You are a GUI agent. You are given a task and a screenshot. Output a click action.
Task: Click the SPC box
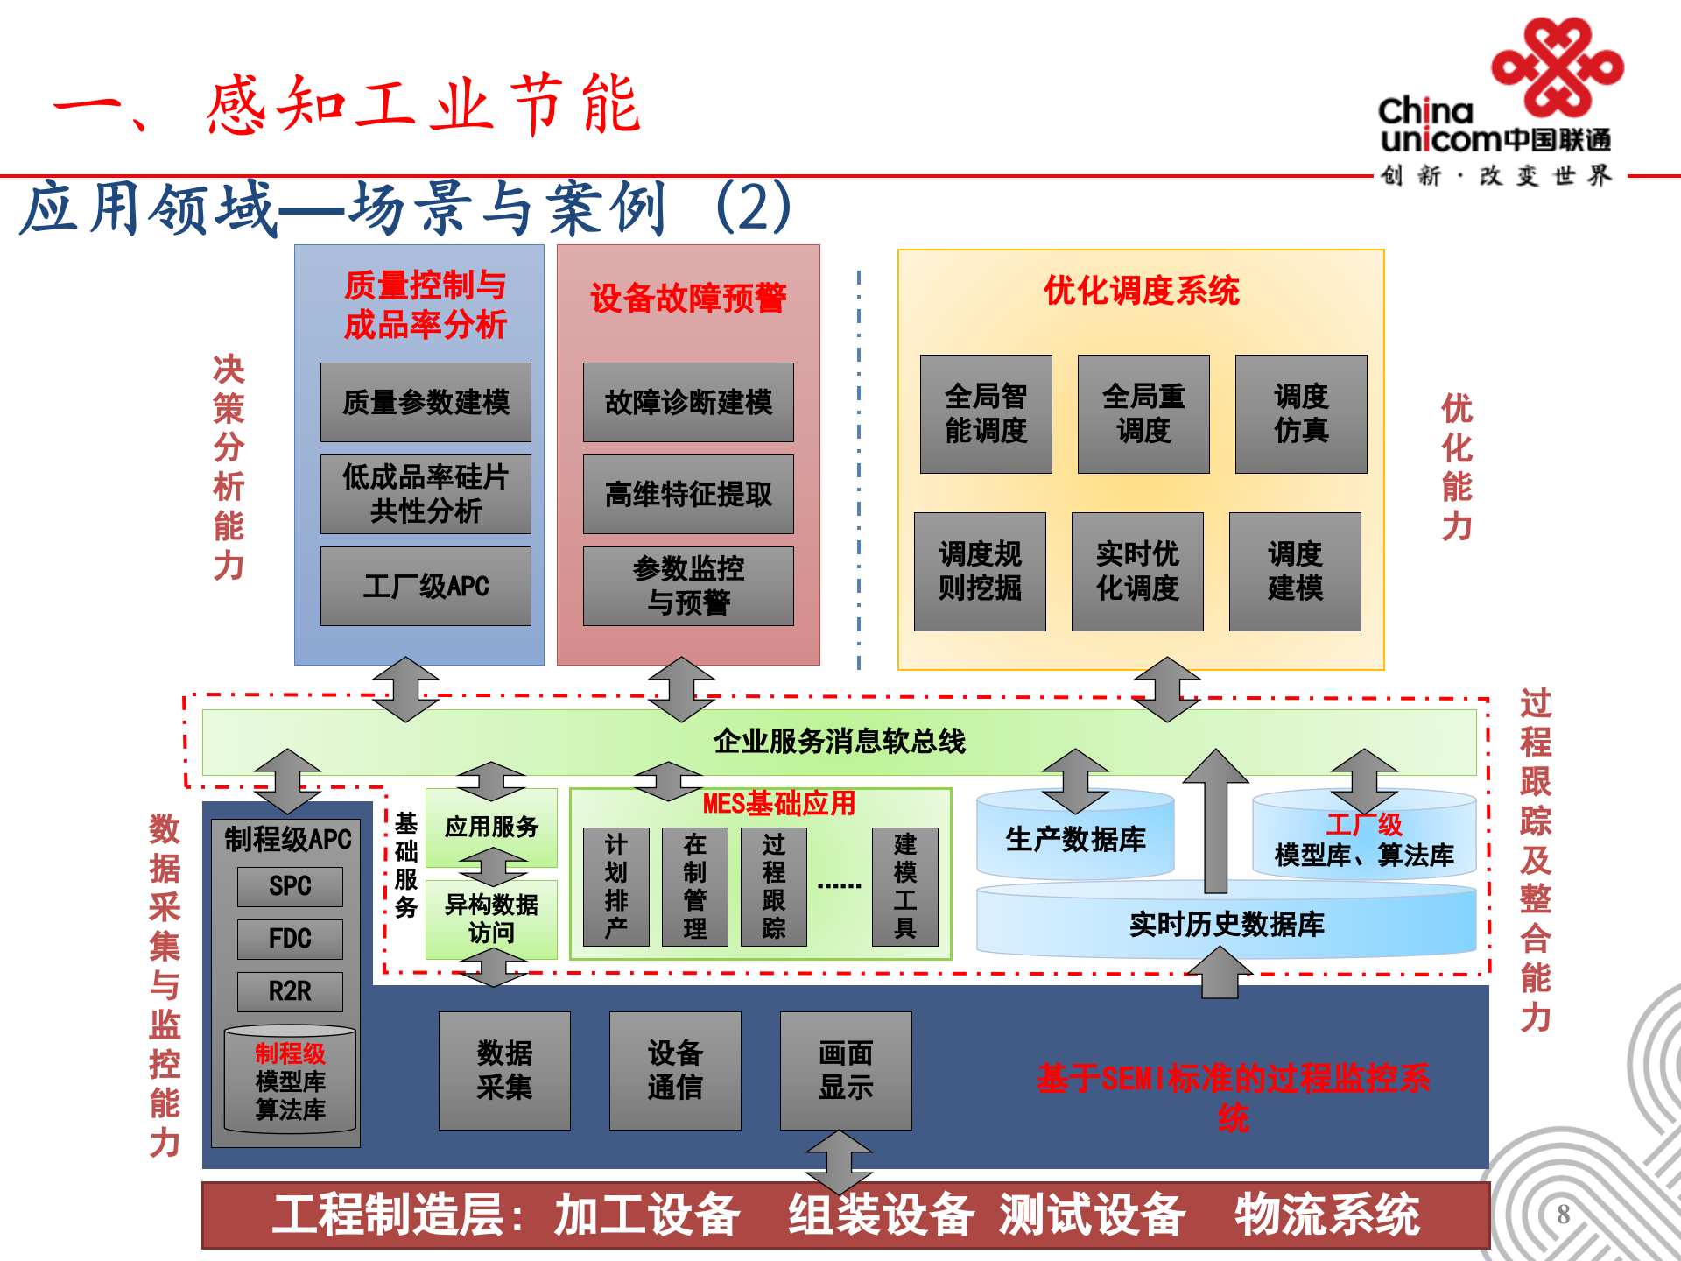[290, 886]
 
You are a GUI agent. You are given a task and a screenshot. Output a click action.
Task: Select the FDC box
[290, 939]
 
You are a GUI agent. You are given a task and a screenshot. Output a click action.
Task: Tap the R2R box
[290, 991]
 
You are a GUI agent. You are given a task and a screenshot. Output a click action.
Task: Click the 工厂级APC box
[426, 586]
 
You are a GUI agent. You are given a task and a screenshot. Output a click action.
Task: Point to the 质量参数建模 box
[426, 402]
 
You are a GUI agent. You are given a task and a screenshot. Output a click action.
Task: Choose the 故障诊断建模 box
[688, 402]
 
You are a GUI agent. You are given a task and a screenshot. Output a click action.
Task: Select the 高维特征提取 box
[688, 494]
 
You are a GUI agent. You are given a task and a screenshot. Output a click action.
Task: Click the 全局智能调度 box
[986, 413]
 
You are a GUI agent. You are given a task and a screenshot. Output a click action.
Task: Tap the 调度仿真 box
[1301, 413]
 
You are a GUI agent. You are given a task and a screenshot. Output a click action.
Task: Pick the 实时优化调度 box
[1137, 571]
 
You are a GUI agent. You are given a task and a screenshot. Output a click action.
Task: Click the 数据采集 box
[504, 1070]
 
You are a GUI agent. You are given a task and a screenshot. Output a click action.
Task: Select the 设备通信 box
[675, 1070]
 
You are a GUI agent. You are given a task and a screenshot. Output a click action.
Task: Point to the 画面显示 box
[846, 1070]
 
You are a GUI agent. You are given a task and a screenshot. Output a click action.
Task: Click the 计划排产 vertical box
[616, 886]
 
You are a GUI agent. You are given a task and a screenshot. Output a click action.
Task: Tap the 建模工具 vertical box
[905, 886]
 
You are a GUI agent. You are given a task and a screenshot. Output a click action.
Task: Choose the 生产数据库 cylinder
[1075, 839]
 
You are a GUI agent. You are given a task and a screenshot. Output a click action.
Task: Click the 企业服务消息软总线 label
[839, 742]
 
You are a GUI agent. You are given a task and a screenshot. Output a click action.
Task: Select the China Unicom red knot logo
[1558, 67]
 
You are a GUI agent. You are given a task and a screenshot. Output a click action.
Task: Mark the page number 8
[1563, 1215]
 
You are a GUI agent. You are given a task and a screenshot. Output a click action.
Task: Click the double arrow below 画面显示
[839, 1160]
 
